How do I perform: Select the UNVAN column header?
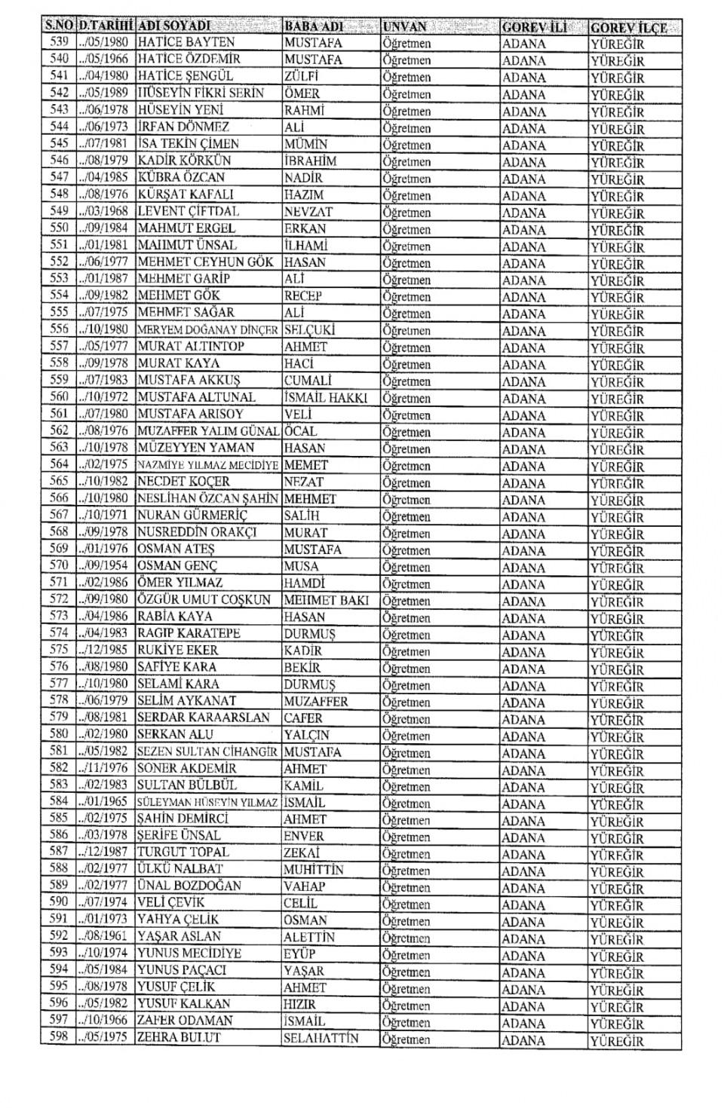point(404,26)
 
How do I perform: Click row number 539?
point(58,42)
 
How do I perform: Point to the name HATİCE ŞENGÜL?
point(186,76)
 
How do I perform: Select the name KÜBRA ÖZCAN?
point(181,177)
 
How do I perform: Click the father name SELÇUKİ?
point(309,329)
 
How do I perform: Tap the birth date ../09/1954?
point(104,565)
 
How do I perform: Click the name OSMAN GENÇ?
point(177,565)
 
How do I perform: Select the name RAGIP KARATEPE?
point(189,633)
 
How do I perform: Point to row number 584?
point(58,802)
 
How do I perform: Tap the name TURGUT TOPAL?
point(183,852)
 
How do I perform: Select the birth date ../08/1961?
point(104,937)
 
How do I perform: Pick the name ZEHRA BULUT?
point(178,1038)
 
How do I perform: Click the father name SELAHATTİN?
point(321,1038)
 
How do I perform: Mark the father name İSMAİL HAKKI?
point(326,397)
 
